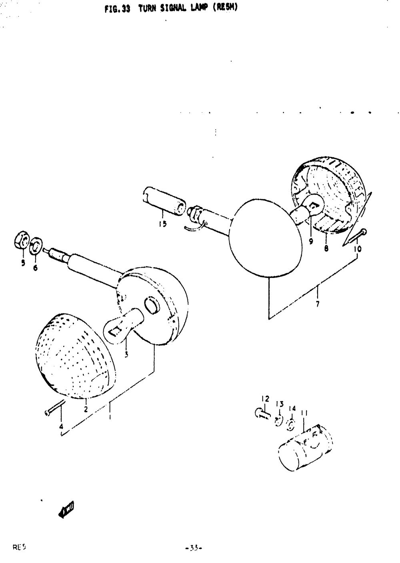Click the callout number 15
(x=162, y=224)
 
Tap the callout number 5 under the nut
(x=23, y=263)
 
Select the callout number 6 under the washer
(x=35, y=268)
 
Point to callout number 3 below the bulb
(x=126, y=354)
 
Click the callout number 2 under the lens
(x=86, y=409)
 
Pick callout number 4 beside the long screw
(x=61, y=427)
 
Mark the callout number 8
(x=326, y=248)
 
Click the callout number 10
(x=358, y=249)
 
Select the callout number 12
(x=266, y=398)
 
